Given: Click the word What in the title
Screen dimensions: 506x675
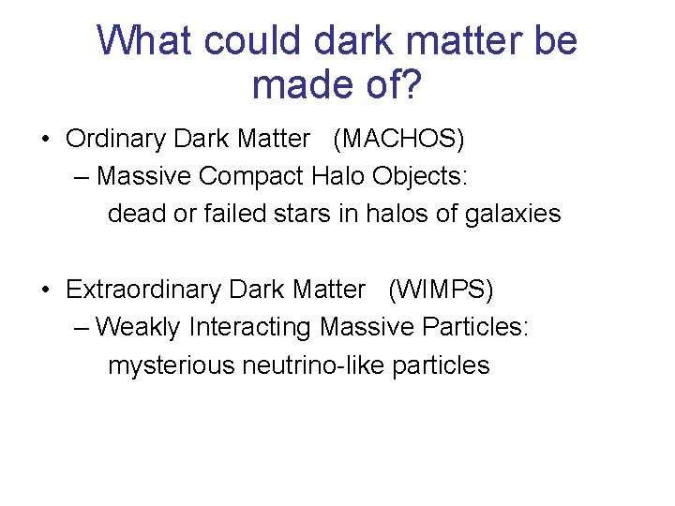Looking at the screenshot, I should tap(145, 40).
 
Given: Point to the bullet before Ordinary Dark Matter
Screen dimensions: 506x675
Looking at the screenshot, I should tap(46, 140).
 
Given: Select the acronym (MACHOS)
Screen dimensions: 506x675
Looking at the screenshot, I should tap(398, 139).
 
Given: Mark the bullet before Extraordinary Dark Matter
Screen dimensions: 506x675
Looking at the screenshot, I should tap(46, 290).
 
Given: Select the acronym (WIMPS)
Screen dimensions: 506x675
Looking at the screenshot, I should tap(441, 290).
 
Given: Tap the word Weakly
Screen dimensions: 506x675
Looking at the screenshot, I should tap(139, 327).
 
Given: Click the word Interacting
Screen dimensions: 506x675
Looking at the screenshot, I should tap(250, 327).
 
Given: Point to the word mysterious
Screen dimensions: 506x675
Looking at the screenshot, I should tap(172, 365).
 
